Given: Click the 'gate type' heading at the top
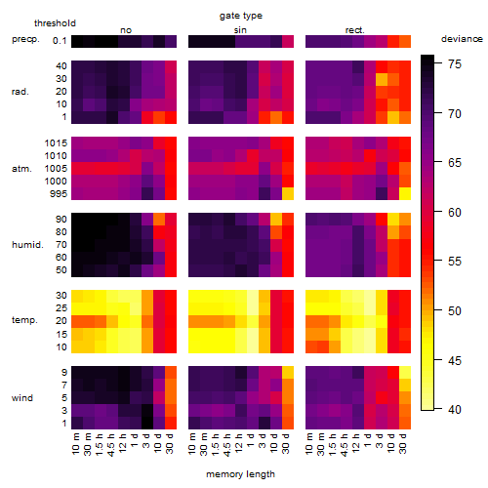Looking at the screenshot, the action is click(241, 16).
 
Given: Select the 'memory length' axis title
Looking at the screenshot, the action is click(240, 474).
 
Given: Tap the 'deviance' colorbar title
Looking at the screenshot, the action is click(462, 39).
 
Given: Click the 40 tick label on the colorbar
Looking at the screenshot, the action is click(455, 410).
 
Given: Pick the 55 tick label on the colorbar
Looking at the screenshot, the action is click(455, 262).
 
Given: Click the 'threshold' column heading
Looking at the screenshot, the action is click(55, 23).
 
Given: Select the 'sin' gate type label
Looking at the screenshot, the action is click(240, 30).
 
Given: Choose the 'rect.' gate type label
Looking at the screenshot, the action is click(355, 30).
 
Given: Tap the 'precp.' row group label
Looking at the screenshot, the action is click(25, 39).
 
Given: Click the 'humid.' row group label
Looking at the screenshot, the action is click(27, 245).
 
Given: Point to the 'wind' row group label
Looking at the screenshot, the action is click(22, 398).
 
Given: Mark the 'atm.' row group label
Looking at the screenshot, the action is click(21, 169).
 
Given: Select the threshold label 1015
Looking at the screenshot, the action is click(56, 143).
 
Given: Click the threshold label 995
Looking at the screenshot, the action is click(59, 194).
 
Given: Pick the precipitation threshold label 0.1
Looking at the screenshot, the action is click(60, 41).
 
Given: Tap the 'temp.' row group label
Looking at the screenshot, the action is click(24, 320).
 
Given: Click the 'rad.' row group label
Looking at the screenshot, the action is click(20, 92).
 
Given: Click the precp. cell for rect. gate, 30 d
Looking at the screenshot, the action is click(405, 41).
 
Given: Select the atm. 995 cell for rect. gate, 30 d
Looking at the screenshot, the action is click(405, 194).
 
